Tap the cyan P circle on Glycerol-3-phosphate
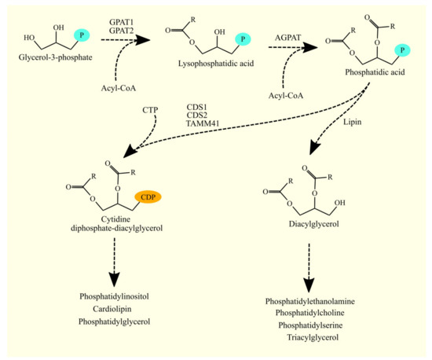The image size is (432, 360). point(81,35)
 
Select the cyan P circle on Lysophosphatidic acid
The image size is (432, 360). point(245,39)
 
